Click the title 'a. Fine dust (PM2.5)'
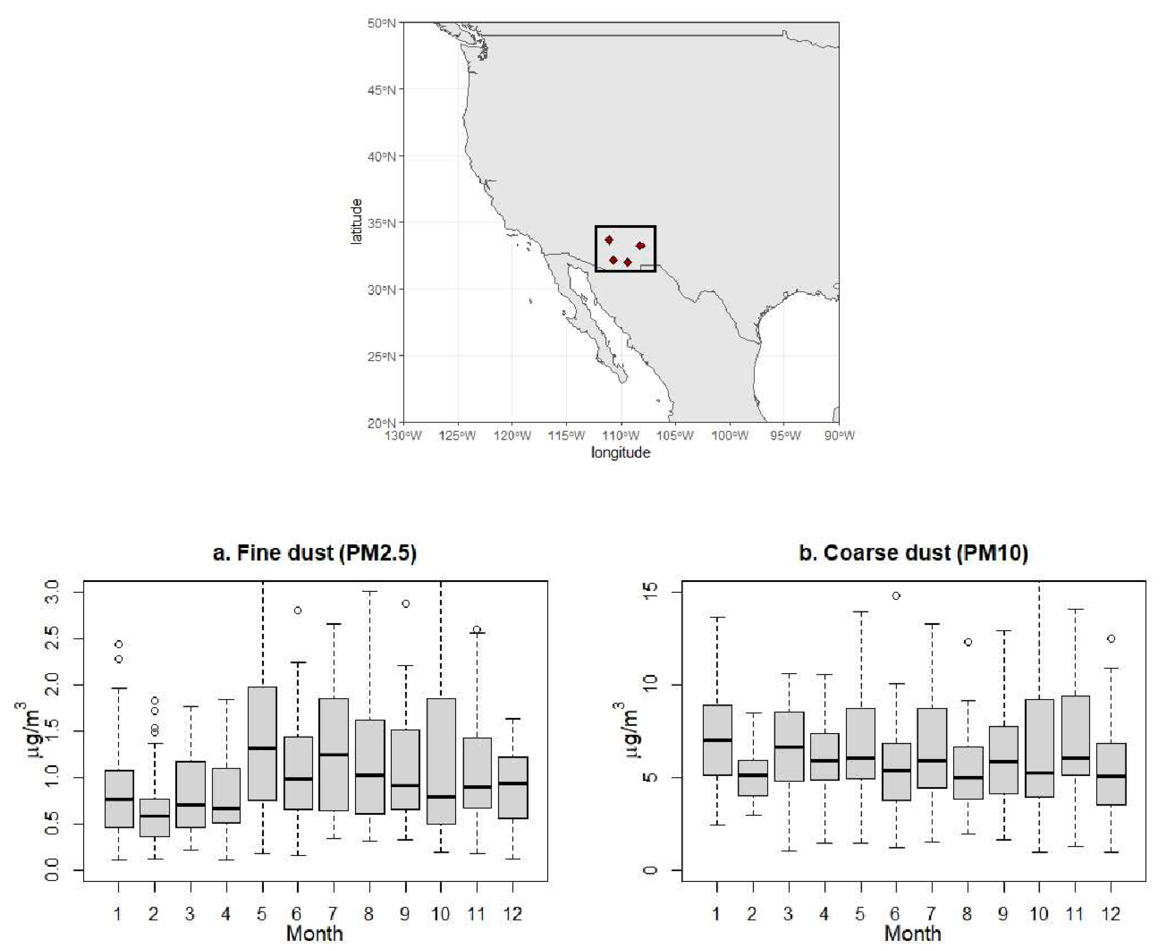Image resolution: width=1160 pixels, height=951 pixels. coord(315,553)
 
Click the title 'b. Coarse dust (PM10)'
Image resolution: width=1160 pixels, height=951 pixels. coord(913,553)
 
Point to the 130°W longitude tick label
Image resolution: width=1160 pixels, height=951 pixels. coord(403,436)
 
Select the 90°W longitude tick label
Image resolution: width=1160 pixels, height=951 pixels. coord(838,436)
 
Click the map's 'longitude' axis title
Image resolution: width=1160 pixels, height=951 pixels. coord(620,453)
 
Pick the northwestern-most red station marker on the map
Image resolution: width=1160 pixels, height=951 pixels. coord(609,240)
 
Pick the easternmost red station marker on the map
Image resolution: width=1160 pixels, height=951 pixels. coord(640,245)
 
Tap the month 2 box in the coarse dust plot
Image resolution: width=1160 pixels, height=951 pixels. coord(752,778)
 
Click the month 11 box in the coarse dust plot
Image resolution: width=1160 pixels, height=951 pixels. coord(1074,735)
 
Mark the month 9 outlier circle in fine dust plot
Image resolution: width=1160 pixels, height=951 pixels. coord(405,604)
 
